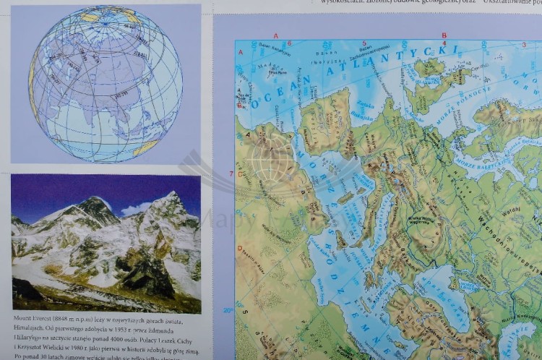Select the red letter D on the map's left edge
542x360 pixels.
click(x=239, y=248)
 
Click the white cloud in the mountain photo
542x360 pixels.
click(x=133, y=209)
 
